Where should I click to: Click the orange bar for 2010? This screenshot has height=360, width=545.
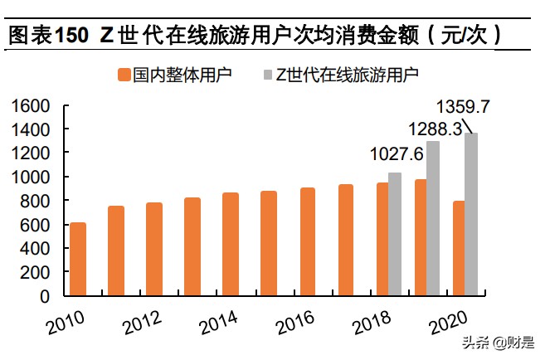77,259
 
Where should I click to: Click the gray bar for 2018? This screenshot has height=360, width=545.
395,234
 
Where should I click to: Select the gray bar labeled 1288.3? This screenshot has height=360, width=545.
433,218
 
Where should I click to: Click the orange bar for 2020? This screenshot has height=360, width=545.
459,248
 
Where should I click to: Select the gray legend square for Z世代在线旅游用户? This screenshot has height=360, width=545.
270,75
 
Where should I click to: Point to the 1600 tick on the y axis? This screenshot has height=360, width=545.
32,106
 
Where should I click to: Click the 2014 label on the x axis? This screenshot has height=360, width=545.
218,323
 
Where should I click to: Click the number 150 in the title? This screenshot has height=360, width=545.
71,36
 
